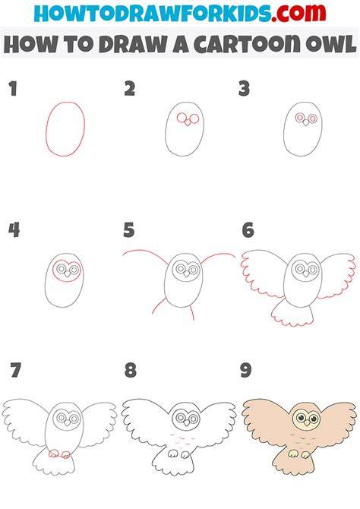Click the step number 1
pos(13,89)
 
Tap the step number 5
pos(129,230)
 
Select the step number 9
pos(246,371)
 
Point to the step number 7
pos(15,371)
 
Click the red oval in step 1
pos(46,130)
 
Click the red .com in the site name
pos(298,13)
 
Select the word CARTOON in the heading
pos(247,44)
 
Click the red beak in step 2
pos(188,123)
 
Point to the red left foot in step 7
pos(53,454)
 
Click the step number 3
pos(244,89)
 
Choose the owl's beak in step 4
pos(67,274)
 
